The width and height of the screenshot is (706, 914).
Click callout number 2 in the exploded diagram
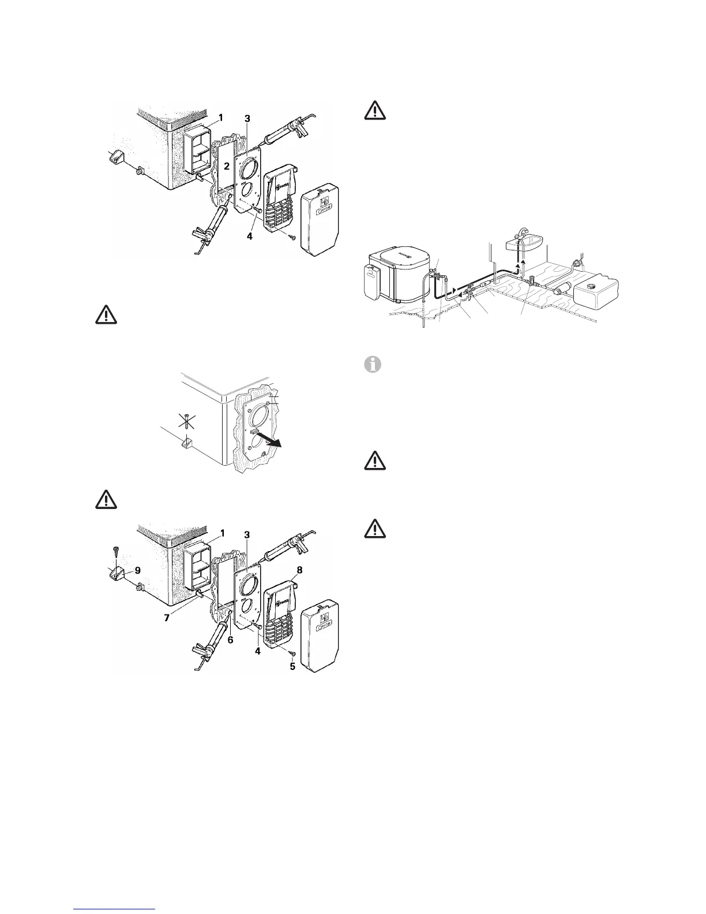(228, 166)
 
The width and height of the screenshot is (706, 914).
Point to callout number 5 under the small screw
(292, 666)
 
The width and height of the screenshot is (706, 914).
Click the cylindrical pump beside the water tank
(561, 289)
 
